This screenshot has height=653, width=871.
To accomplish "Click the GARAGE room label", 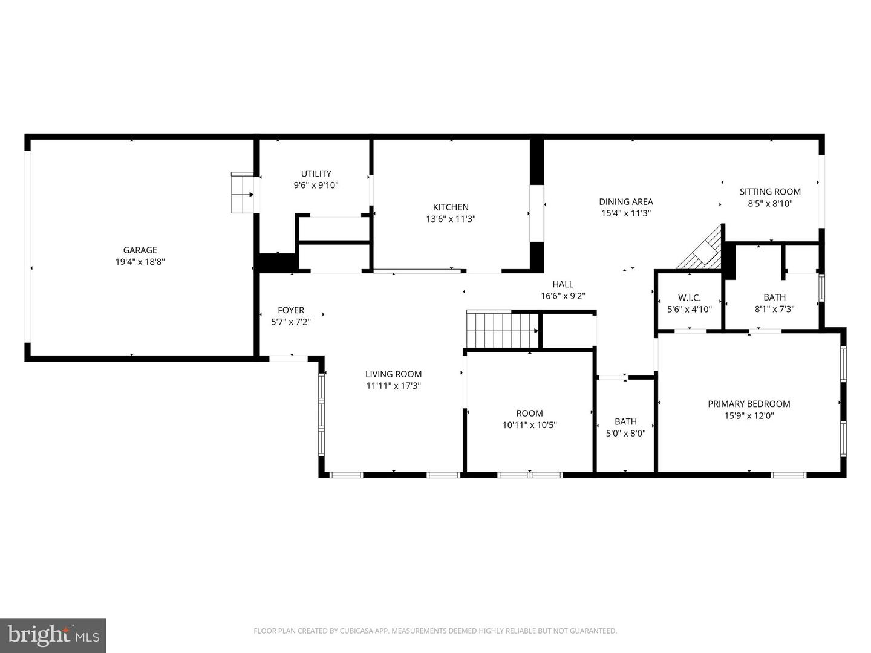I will [x=140, y=250].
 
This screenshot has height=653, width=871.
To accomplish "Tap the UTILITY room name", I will [x=316, y=174].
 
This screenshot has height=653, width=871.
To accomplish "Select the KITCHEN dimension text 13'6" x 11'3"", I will [x=451, y=219].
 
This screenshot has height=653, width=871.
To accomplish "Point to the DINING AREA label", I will [x=625, y=201].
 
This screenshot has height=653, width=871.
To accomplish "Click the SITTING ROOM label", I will [x=769, y=192].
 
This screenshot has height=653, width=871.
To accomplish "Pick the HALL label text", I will [x=563, y=284].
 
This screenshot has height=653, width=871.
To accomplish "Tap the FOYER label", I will [x=291, y=310].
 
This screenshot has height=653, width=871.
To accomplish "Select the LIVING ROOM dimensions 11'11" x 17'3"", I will [x=393, y=386].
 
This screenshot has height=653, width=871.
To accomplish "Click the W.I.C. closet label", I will [x=689, y=297].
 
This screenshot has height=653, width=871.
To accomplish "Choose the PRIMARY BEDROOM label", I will [x=749, y=404].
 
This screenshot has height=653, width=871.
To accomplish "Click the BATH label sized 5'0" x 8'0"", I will [x=625, y=421].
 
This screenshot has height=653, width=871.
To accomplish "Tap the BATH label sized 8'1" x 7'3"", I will [x=774, y=297].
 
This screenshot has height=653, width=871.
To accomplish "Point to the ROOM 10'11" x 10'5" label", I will [x=529, y=413].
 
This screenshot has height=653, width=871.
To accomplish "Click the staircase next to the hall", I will [x=501, y=330].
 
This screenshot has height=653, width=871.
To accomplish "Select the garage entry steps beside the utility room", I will [x=243, y=193].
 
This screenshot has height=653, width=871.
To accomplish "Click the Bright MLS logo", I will [x=53, y=635].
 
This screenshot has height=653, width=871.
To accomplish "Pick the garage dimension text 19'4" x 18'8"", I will [x=140, y=262].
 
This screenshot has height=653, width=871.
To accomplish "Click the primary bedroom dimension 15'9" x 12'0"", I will [x=749, y=415].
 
